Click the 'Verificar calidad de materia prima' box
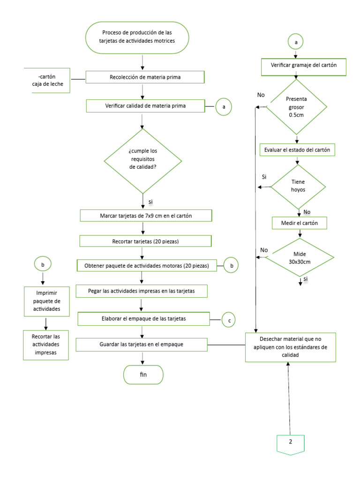(x=145, y=106)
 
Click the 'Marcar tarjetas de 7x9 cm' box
(x=146, y=216)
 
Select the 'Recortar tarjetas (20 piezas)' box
(x=145, y=241)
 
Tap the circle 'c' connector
(x=228, y=320)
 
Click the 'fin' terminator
(x=143, y=375)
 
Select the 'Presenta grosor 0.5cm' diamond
(x=296, y=107)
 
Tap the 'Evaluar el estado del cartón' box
(x=297, y=150)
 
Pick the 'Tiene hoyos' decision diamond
(x=298, y=186)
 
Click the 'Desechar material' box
(x=291, y=347)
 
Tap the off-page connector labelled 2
(x=291, y=442)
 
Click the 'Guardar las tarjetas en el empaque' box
(x=141, y=345)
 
